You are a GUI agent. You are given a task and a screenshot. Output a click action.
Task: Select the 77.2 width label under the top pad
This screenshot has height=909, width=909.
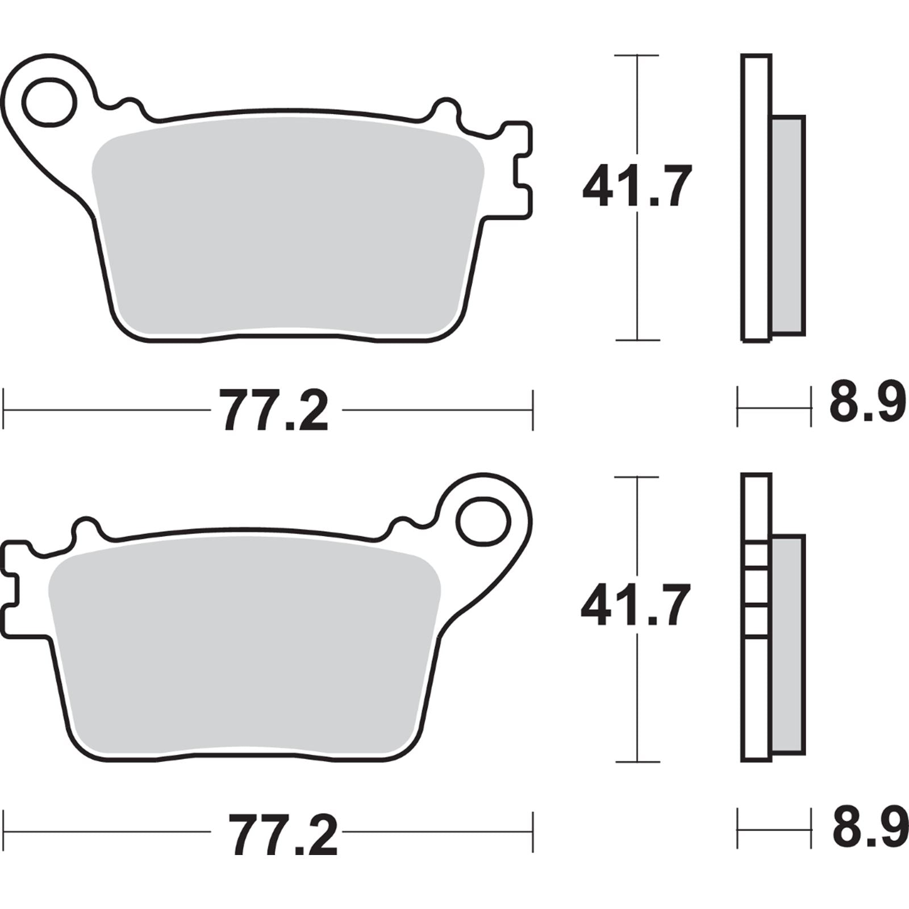[276, 411]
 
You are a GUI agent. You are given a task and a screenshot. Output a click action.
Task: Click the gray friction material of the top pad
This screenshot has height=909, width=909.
[287, 227]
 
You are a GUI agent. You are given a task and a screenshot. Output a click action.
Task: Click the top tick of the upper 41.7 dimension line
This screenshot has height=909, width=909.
[637, 56]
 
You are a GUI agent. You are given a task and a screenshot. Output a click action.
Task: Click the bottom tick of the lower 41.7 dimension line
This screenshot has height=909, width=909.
[637, 761]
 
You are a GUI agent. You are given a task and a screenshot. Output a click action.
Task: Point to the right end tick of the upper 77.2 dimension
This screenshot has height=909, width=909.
[532, 410]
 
